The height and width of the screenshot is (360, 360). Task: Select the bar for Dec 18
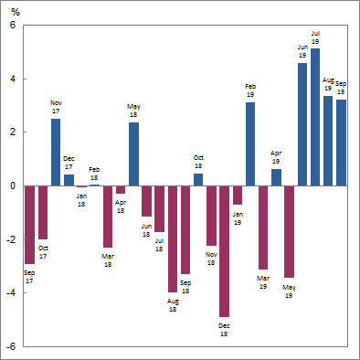click(224, 251)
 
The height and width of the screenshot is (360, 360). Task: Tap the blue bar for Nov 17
click(56, 152)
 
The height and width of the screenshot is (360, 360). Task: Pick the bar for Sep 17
click(30, 225)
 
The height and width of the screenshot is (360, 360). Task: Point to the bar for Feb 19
click(250, 143)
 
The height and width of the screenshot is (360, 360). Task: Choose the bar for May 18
click(133, 154)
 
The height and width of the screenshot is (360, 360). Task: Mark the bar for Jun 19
click(302, 124)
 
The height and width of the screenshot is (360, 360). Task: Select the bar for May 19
click(289, 231)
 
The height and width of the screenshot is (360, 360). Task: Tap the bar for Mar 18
click(108, 217)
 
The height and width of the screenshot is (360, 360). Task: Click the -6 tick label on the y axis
click(10, 346)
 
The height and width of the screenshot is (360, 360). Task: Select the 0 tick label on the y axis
click(12, 185)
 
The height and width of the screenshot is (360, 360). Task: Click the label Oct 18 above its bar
click(198, 162)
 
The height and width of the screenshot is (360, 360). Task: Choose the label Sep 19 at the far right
click(342, 88)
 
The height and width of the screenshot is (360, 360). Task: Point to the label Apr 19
click(276, 157)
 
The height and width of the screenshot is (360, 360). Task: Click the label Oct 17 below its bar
click(43, 251)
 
